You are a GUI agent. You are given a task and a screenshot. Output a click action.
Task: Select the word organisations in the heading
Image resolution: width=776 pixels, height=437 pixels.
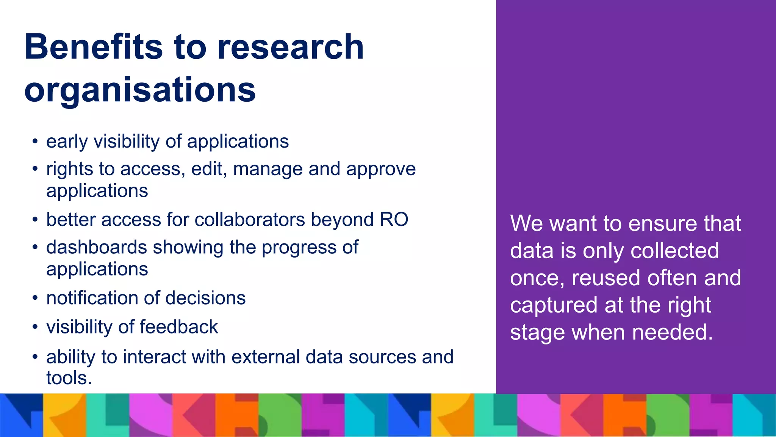pos(140,90)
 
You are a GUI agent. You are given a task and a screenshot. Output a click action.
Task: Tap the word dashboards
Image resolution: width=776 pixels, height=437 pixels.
pos(97,248)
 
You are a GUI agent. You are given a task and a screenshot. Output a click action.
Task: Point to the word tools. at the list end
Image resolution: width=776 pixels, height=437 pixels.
pos(69,378)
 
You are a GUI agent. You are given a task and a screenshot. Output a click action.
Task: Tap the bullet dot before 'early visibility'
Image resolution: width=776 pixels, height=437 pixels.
pos(35,141)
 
